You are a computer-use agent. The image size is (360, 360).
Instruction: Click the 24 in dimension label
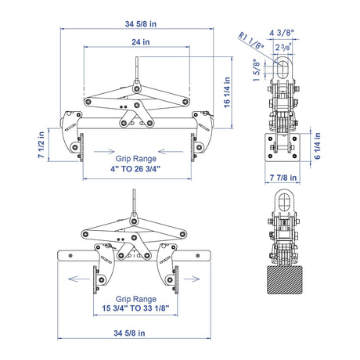[x=141, y=41]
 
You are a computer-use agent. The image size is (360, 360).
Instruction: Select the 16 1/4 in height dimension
[x=227, y=92]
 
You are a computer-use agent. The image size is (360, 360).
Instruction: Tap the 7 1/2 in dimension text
[x=41, y=145]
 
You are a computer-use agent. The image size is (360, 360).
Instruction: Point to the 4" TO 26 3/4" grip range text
[x=135, y=169]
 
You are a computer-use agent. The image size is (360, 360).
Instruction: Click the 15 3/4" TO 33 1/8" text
[x=135, y=308]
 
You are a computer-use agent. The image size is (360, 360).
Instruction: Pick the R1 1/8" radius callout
[x=251, y=41]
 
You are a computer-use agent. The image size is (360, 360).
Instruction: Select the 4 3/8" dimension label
[x=282, y=33]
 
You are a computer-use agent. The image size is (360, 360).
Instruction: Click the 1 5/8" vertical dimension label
[x=257, y=70]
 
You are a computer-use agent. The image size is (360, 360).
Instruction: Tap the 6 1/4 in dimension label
[x=317, y=146]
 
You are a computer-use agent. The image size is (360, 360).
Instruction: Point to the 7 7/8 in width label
[x=283, y=178]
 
